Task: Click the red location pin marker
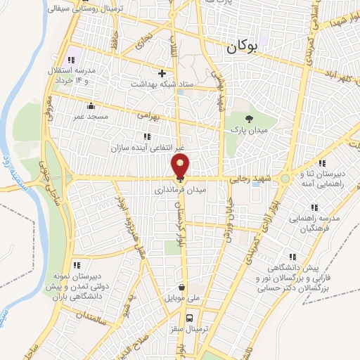pyautogui.click(x=180, y=167)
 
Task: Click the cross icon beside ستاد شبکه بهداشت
pyautogui.click(x=162, y=73)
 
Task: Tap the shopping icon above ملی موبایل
pyautogui.click(x=182, y=287)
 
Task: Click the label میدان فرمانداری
pyautogui.click(x=180, y=190)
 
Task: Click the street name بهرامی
pyautogui.click(x=149, y=113)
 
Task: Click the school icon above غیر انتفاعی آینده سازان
pyautogui.click(x=146, y=136)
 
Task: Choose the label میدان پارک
pyautogui.click(x=247, y=131)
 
